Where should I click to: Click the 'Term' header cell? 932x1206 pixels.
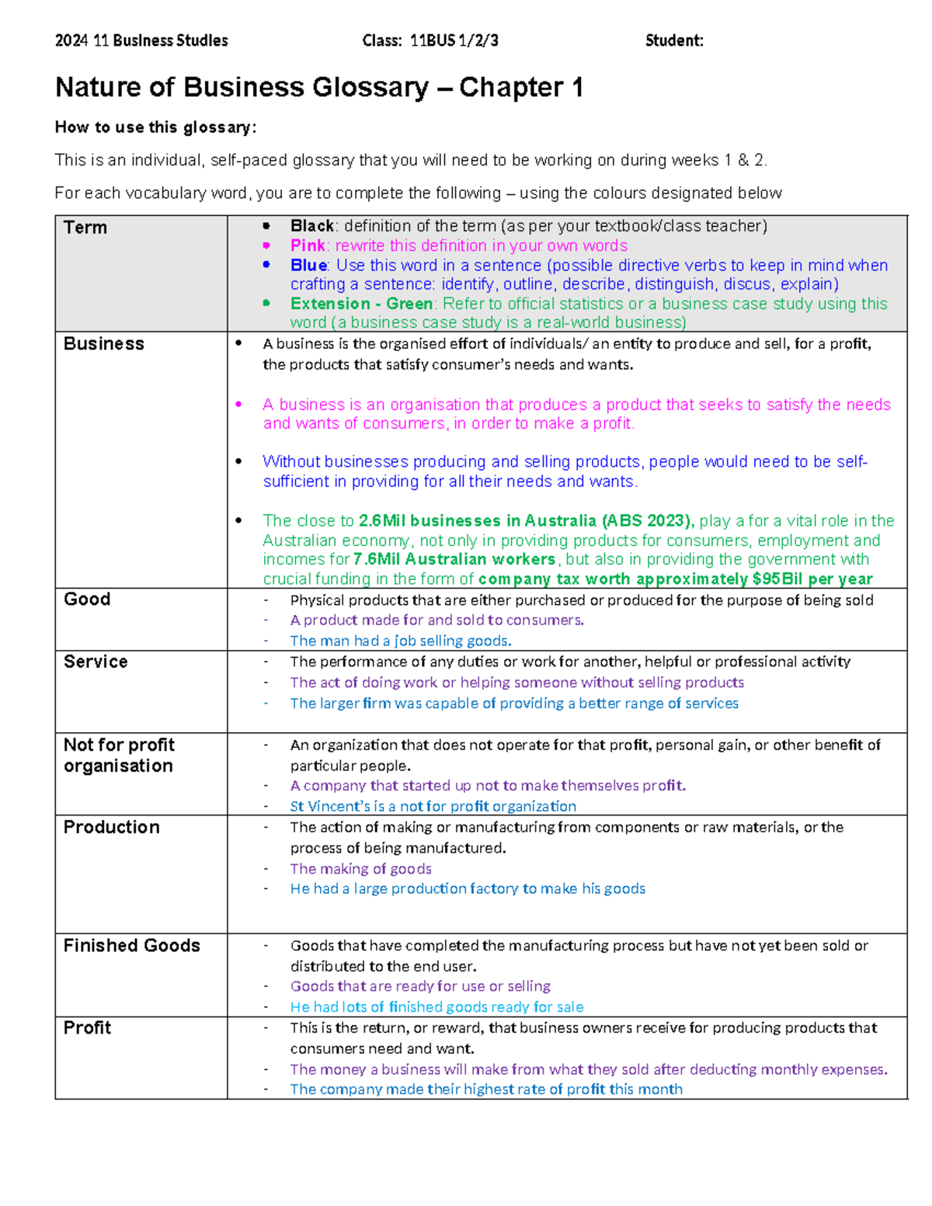(85, 228)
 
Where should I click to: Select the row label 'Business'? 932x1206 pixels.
(104, 344)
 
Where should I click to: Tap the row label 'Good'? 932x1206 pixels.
(87, 600)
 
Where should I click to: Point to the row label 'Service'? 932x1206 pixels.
(96, 662)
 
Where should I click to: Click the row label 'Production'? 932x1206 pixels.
(112, 827)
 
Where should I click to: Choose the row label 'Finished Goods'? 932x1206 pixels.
(132, 946)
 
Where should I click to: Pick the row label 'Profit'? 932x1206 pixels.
(88, 1028)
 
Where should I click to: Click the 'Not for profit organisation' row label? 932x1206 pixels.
(119, 755)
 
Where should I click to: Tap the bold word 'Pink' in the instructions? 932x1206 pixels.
(308, 245)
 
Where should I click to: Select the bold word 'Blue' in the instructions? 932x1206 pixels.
(308, 265)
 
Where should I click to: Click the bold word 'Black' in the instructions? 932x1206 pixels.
(312, 226)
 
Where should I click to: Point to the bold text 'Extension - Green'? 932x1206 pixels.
(361, 304)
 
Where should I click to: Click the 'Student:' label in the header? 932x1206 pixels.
(674, 40)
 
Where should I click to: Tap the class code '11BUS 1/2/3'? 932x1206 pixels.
(454, 40)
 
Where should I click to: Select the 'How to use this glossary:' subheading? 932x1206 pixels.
(155, 127)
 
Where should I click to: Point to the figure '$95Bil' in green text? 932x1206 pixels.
(777, 579)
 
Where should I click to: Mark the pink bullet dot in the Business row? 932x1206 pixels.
(239, 404)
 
